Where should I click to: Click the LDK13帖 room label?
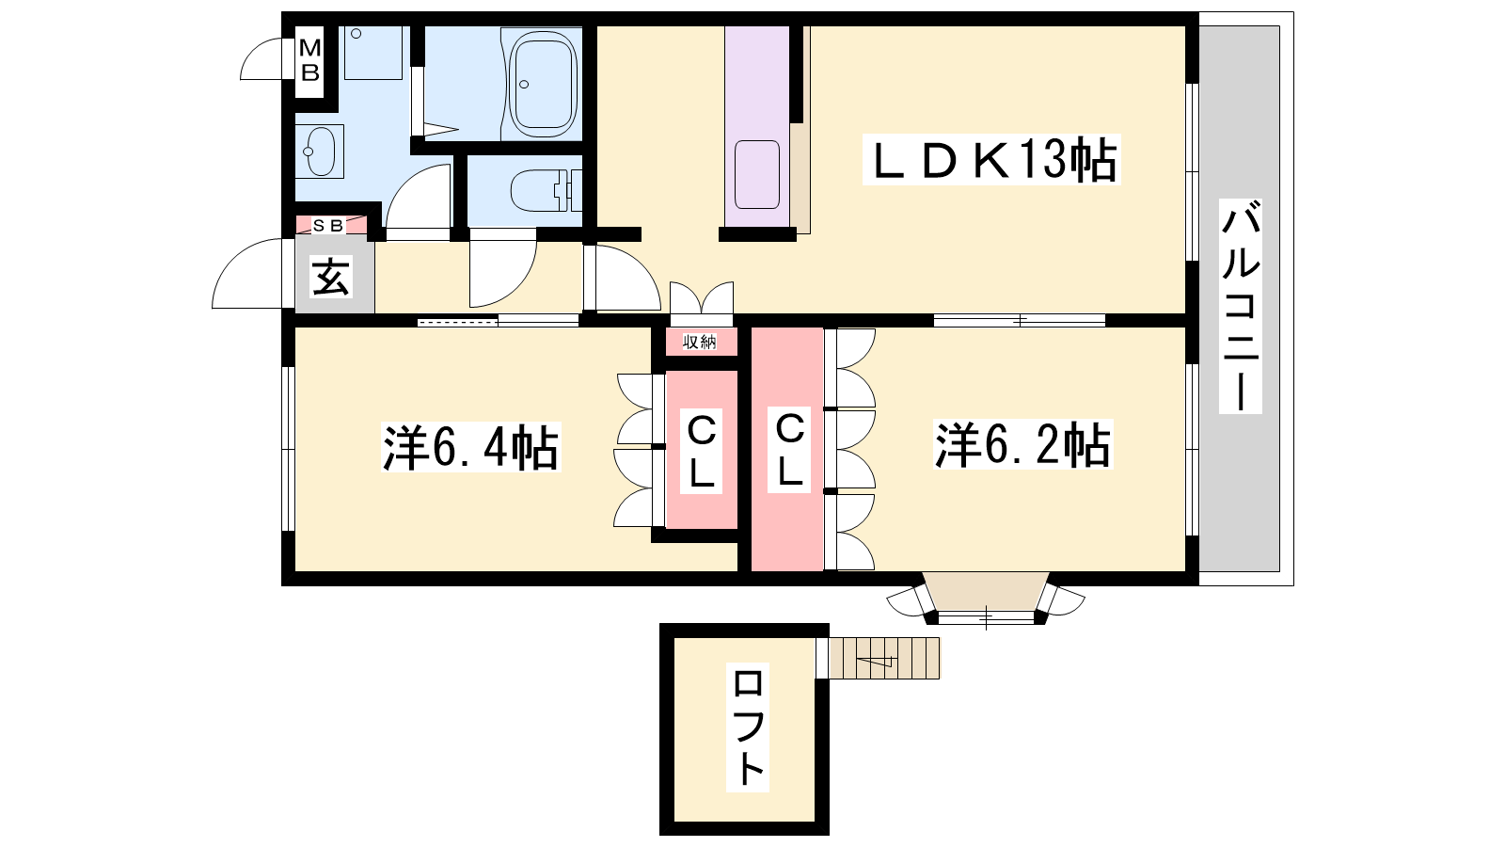click(x=991, y=160)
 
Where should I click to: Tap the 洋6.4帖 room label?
click(x=470, y=447)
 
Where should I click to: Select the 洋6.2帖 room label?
click(x=1022, y=444)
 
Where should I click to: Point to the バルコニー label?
click(x=1241, y=306)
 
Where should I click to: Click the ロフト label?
click(x=747, y=727)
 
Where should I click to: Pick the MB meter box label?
click(x=309, y=60)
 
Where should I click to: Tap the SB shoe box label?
click(x=328, y=225)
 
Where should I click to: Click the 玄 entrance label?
click(x=330, y=277)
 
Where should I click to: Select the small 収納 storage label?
click(x=700, y=343)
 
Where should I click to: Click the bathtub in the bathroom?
click(x=543, y=84)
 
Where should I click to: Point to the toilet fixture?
click(x=546, y=190)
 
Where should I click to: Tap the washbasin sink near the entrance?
click(x=320, y=152)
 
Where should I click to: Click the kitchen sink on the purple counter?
click(x=757, y=175)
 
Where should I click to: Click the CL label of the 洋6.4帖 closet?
click(x=701, y=452)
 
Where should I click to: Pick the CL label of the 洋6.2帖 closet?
click(x=789, y=451)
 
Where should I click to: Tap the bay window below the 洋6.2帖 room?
click(x=986, y=599)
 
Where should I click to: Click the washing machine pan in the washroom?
click(x=372, y=53)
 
